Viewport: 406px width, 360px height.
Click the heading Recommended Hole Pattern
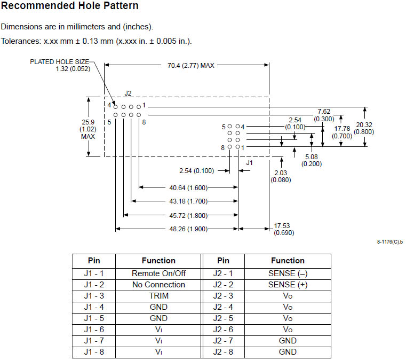[70, 6]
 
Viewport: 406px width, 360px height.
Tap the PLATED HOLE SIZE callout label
[59, 62]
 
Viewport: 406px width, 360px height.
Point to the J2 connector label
[128, 93]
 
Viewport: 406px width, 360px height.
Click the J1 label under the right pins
[249, 162]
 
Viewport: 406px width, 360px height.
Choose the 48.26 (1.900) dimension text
[188, 229]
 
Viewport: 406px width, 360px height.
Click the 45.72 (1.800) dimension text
[188, 215]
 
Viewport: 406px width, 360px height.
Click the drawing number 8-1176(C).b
[389, 242]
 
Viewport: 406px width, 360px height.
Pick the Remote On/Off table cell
[158, 273]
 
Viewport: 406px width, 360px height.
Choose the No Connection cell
[158, 285]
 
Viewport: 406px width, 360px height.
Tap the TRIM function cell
[158, 296]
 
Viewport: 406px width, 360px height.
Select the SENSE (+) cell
[288, 285]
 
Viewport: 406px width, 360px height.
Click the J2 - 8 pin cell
[224, 351]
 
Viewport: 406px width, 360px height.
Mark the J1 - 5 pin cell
[94, 318]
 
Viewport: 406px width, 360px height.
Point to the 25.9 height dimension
[88, 122]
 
